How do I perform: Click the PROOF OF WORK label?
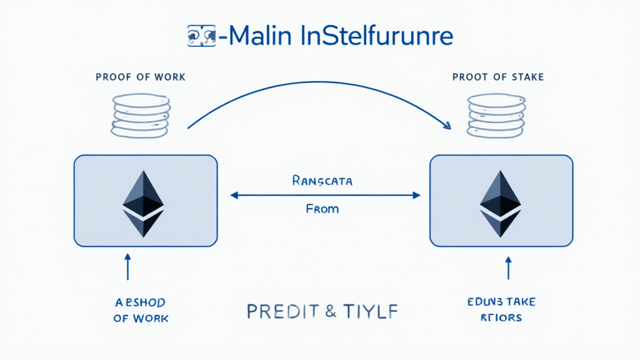click(141, 77)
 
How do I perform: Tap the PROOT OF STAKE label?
click(497, 77)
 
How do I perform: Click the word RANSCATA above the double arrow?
click(322, 181)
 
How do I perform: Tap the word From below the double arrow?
click(322, 209)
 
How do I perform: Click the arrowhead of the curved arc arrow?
click(447, 126)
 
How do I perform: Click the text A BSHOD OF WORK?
click(141, 310)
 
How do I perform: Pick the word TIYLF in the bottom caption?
click(374, 311)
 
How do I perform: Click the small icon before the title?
click(201, 36)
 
